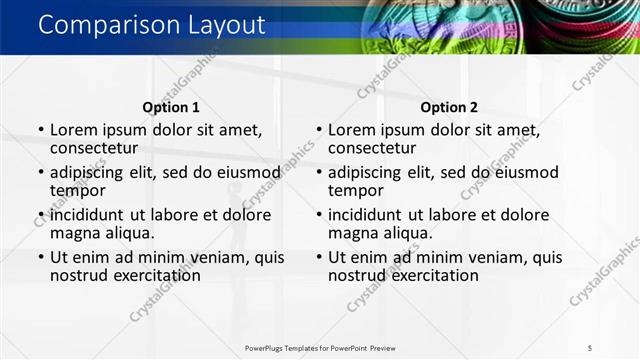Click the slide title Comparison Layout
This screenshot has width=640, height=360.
(x=152, y=25)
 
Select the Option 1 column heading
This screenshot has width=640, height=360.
(x=171, y=107)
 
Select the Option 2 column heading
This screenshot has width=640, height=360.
(x=449, y=107)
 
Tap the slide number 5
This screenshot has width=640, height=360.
(x=590, y=347)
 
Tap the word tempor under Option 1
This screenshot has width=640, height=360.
(x=77, y=190)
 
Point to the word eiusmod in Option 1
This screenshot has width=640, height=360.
(x=244, y=171)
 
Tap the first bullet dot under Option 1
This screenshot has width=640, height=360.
(x=40, y=130)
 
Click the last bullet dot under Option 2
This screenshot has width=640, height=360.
(x=318, y=257)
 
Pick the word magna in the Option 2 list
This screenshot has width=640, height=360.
(x=353, y=233)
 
